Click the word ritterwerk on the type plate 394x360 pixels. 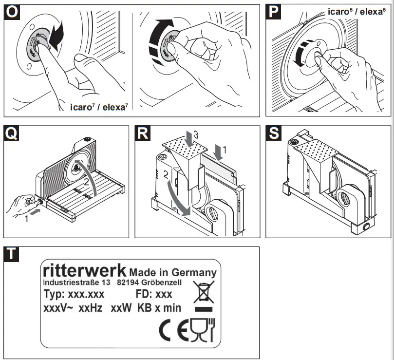pos(85,270)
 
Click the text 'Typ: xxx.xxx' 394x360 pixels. pos(74,295)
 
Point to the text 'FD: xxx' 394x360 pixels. pos(153,295)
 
